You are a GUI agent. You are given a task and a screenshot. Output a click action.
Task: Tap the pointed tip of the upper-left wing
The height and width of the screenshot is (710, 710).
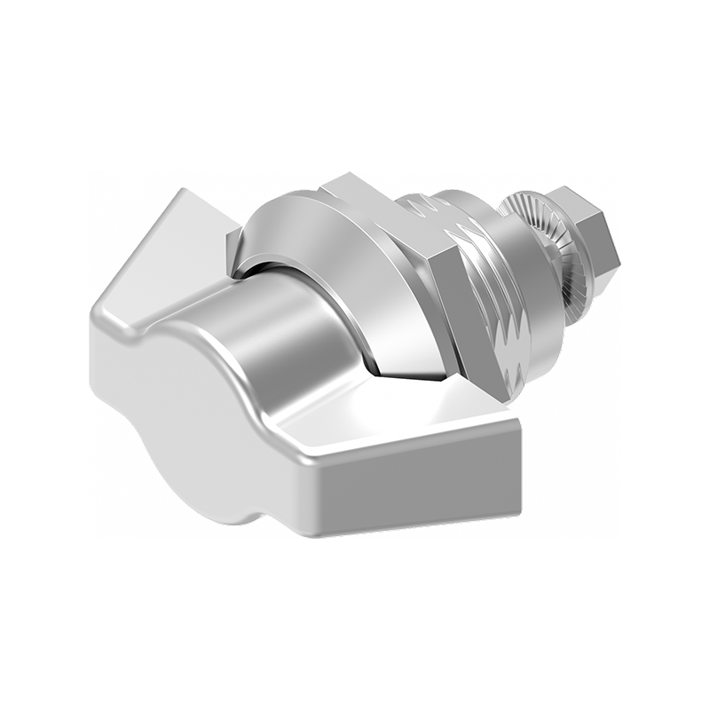pyautogui.click(x=182, y=193)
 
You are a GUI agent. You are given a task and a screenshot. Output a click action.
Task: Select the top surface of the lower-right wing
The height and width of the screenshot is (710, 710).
pyautogui.click(x=417, y=426)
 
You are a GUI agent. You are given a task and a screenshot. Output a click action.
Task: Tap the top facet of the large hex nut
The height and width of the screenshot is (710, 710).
pyautogui.click(x=373, y=195)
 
